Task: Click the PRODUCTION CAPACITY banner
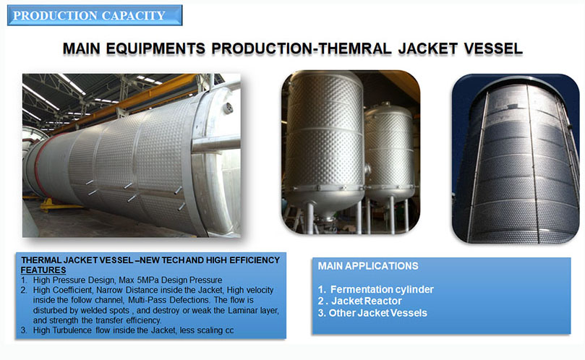tap(95, 15)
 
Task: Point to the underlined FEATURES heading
tap(43, 270)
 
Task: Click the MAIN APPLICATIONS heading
tap(368, 266)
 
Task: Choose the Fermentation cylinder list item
tap(376, 289)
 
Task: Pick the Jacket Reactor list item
tap(359, 301)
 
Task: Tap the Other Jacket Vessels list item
tap(372, 312)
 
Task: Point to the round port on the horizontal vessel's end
tap(228, 108)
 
